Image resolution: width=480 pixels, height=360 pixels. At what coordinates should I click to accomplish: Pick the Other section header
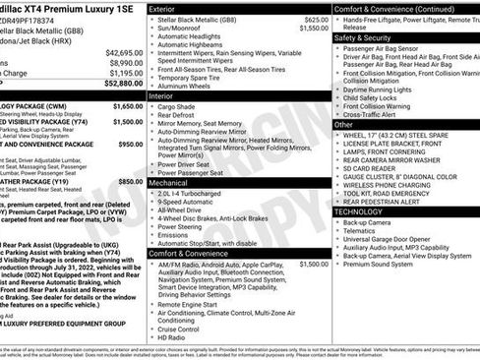344,124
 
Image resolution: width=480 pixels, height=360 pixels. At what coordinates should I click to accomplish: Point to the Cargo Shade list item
183,107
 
